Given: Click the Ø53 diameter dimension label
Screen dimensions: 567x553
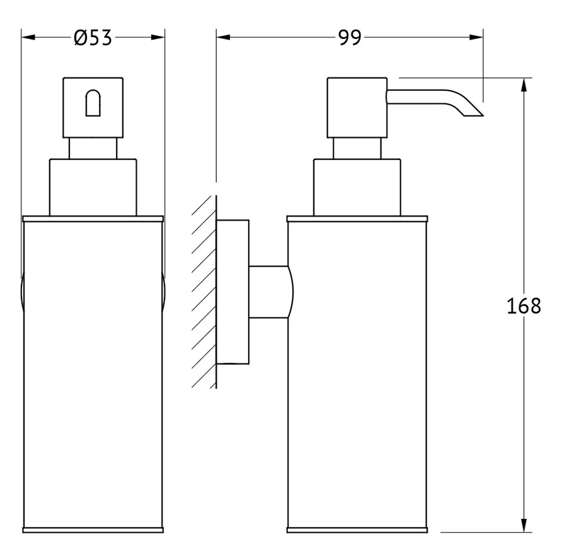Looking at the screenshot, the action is [93, 38].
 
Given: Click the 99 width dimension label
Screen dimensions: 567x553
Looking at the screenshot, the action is [350, 38].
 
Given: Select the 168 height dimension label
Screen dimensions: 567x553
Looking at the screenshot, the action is [524, 305].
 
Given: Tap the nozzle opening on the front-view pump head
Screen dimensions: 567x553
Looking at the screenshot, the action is [93, 103].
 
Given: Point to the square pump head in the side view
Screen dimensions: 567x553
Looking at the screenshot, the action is [357, 108].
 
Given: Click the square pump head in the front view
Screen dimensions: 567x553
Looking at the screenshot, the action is [93, 108].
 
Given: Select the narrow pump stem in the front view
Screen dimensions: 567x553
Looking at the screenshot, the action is [93, 149].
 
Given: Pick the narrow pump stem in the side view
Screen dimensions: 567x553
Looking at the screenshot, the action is [357, 149].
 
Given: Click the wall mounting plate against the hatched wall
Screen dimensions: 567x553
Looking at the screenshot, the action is [232, 292].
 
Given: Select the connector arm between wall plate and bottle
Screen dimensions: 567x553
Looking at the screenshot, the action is [270, 292].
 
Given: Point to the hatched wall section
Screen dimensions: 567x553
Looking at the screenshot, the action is [204, 292].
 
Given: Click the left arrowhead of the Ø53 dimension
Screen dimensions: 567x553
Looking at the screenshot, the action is [28, 37].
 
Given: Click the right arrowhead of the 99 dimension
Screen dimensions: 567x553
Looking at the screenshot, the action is [476, 37].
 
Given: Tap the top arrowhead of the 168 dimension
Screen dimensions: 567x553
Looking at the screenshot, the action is [524, 85].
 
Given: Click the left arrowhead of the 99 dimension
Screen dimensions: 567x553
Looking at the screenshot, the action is [224, 37].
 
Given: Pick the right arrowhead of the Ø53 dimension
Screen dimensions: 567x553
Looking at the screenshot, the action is [158, 37].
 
